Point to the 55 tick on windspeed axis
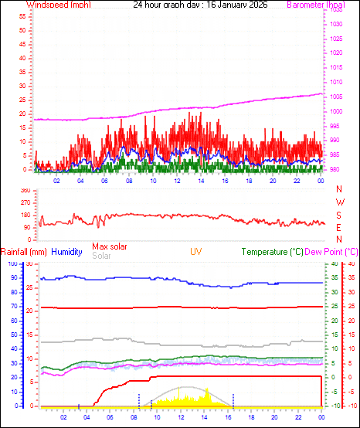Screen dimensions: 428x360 tap(23, 14)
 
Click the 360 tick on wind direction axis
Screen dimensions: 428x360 tap(25, 190)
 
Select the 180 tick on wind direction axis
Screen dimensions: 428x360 tap(25, 215)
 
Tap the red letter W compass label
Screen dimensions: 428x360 tap(339, 202)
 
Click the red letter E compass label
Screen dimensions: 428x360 tap(339, 227)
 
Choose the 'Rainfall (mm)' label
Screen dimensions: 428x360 tap(24, 252)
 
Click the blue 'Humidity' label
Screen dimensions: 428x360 tap(67, 252)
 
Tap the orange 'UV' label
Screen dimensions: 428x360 tap(197, 252)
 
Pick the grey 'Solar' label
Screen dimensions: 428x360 tap(101, 256)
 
